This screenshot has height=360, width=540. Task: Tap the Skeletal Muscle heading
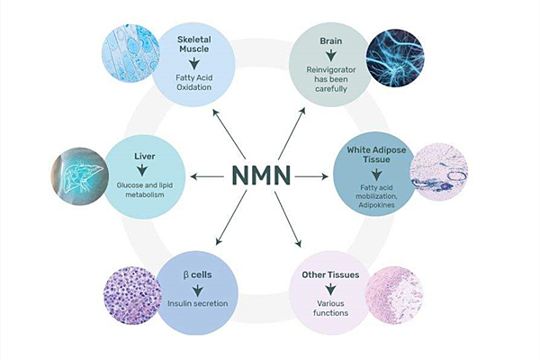(194, 45)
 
